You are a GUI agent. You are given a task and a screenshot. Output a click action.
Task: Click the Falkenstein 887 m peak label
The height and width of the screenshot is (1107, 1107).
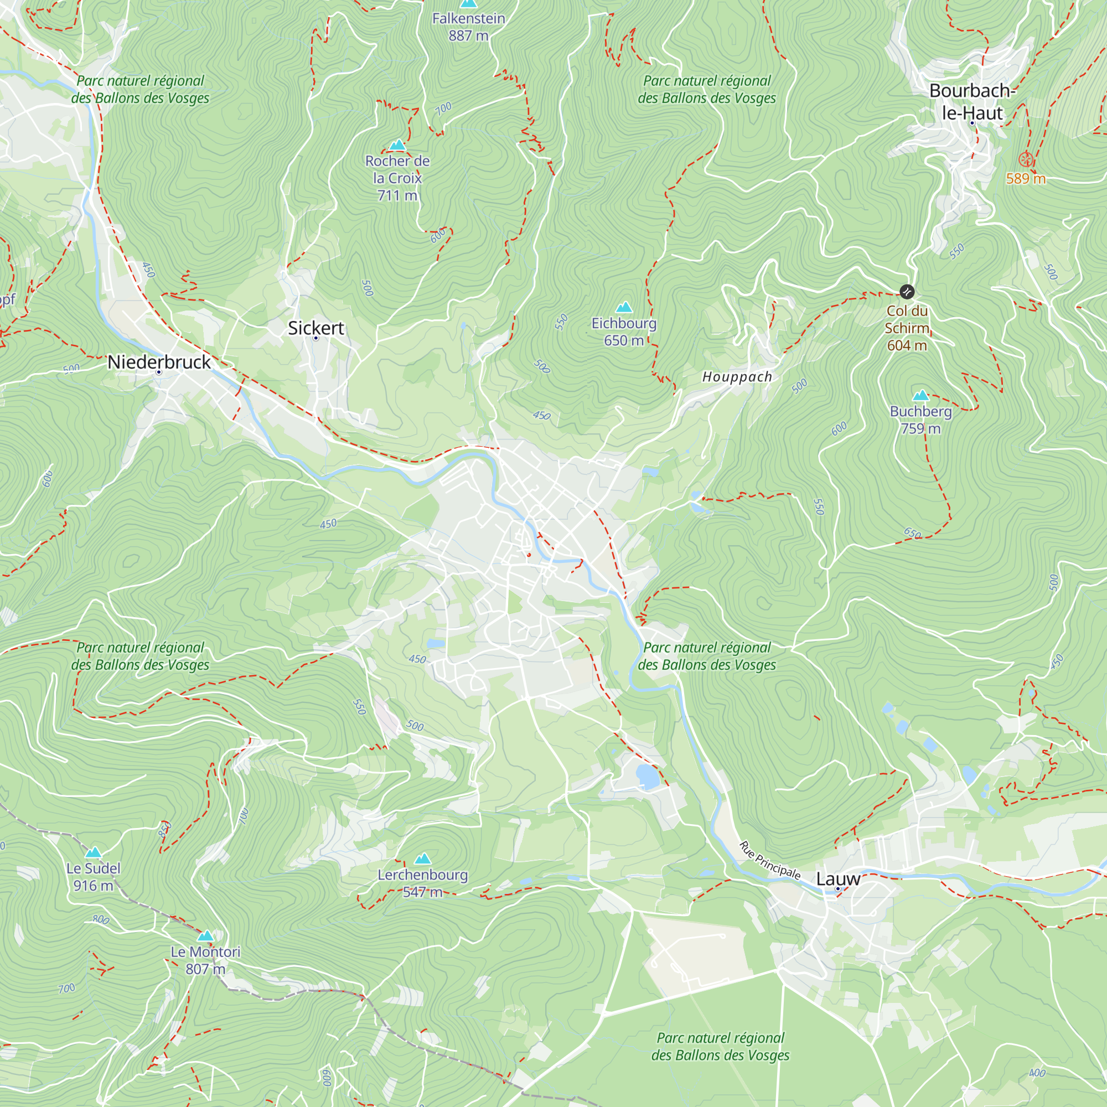coord(468,27)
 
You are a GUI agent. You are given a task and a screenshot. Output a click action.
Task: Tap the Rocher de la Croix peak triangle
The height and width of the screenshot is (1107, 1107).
coord(397,145)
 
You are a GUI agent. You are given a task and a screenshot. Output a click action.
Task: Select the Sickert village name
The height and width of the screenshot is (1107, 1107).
coord(315,328)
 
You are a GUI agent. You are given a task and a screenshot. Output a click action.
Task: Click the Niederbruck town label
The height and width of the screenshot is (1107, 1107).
coord(159,361)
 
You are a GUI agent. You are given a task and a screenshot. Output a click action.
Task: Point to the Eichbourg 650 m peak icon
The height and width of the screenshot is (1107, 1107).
coord(623,308)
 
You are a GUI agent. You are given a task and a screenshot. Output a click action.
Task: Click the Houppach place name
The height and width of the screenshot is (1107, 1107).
coord(737,376)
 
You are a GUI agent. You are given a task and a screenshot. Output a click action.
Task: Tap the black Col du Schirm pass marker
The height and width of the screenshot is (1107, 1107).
coord(907,292)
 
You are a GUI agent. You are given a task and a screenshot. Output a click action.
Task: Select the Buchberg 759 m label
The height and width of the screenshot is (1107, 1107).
coord(920,420)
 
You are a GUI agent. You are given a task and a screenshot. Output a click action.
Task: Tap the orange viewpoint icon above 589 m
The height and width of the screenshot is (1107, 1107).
coord(1026,159)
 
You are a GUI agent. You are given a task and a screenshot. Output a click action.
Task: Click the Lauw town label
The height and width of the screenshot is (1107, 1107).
coord(837,879)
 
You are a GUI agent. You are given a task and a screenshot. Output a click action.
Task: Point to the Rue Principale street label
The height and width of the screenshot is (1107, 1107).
coord(769,860)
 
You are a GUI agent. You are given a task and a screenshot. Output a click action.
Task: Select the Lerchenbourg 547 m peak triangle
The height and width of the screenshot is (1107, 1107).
coord(422,858)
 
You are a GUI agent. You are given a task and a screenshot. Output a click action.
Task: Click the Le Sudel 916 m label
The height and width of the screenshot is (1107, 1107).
coord(93,877)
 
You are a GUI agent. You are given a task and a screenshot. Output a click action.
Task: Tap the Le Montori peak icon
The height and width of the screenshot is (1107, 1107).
coord(205,937)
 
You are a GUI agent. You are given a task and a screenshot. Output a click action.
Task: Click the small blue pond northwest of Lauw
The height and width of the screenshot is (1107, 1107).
coord(648,777)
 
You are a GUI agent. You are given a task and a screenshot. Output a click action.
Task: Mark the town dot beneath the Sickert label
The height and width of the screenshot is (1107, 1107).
coord(315,338)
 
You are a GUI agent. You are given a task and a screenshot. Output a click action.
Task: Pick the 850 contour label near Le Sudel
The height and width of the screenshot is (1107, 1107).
coord(164,829)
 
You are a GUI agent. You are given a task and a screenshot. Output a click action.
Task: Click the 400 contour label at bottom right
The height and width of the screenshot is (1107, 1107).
coord(1037,1073)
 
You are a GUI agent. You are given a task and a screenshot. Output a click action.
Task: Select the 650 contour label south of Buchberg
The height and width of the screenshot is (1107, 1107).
coord(913,534)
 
